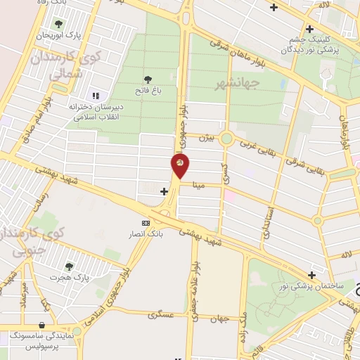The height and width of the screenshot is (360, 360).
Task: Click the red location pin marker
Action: [x=180, y=166]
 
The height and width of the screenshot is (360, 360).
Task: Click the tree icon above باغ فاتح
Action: [x=148, y=79]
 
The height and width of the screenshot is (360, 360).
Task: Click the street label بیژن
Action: [x=205, y=138]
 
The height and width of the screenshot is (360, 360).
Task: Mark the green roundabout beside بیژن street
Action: [x=226, y=138]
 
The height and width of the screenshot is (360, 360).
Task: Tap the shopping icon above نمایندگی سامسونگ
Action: [x=43, y=325]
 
